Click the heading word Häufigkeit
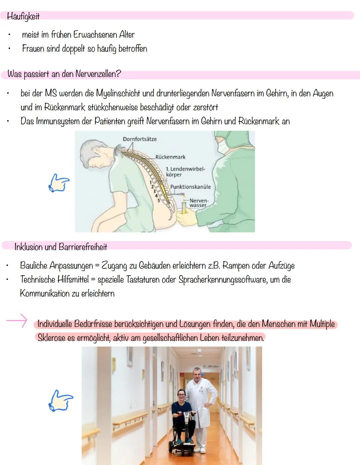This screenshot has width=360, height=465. pyautogui.click(x=23, y=16)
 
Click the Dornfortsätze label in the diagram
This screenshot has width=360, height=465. pyautogui.click(x=140, y=139)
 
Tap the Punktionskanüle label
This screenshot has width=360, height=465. pyautogui.click(x=190, y=187)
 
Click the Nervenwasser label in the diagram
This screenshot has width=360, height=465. pyautogui.click(x=199, y=203)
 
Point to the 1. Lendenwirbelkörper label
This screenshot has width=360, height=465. pyautogui.click(x=185, y=171)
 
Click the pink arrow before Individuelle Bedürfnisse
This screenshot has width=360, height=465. pyautogui.click(x=17, y=320)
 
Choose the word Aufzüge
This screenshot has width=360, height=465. pyautogui.click(x=282, y=266)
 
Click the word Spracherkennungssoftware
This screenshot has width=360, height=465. pyautogui.click(x=223, y=280)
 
